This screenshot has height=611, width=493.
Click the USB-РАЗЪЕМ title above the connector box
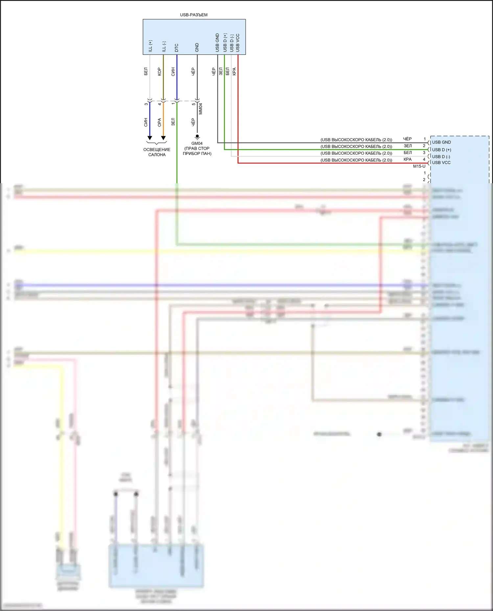[x=194, y=15]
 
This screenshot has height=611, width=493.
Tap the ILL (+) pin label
[x=150, y=46]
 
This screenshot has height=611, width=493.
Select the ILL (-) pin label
[x=164, y=46]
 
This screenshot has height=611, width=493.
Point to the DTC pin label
[x=176, y=48]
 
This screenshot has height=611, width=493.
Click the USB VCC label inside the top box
[x=238, y=43]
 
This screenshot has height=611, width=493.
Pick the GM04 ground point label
[x=197, y=143]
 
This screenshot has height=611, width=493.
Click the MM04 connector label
[x=200, y=109]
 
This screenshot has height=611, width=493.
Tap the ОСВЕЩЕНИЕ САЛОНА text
[x=157, y=152]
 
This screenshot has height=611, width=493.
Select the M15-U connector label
[x=419, y=166]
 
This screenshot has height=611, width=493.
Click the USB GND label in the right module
[x=441, y=142]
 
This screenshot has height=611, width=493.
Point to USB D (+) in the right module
[x=441, y=150]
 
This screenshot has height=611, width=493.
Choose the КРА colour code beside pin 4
[x=408, y=160]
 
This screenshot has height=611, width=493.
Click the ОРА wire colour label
[x=159, y=122]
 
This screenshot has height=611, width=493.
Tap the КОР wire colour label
[x=159, y=72]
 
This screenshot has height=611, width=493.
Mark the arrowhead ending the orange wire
[x=163, y=138]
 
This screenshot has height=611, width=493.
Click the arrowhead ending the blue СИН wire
[x=150, y=138]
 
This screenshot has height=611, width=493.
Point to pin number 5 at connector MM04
[x=194, y=104]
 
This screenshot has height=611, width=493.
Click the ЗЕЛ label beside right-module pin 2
[x=408, y=146]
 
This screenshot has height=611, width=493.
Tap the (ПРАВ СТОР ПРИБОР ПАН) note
[x=197, y=151]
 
